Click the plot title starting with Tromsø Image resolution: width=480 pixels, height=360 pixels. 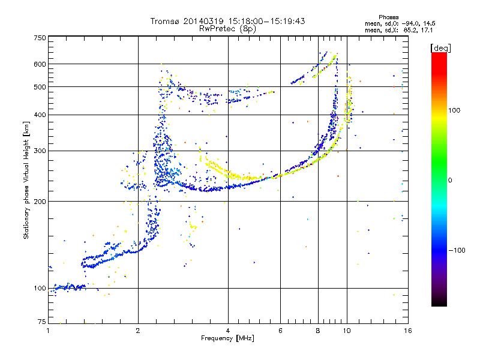227,21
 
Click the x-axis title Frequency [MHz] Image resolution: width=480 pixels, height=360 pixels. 227,339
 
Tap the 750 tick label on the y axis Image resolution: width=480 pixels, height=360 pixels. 40,38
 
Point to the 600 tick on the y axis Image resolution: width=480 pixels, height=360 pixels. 40,64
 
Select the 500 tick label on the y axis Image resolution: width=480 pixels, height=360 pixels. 40,87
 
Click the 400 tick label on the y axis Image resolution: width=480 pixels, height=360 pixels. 40,115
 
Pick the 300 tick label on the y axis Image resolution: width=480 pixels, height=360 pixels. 40,151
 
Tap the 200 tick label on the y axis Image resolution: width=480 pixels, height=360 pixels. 40,202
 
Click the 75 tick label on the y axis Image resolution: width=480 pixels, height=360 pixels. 41,323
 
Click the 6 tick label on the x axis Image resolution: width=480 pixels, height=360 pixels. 280,331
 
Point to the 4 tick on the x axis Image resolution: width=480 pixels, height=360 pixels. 228,331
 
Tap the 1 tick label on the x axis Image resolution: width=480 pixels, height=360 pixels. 48,331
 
